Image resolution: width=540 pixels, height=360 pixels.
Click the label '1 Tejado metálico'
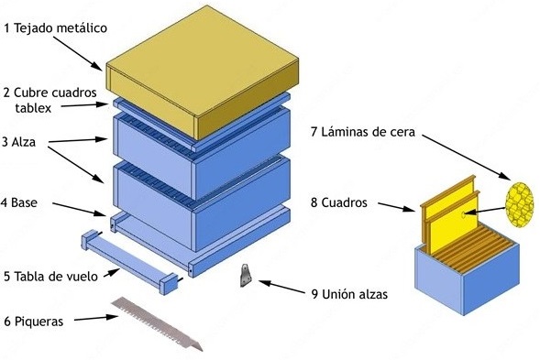[x=56, y=28]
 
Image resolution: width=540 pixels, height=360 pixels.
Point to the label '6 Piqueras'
[x=36, y=321]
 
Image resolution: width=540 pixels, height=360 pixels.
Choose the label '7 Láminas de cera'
[x=363, y=132]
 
